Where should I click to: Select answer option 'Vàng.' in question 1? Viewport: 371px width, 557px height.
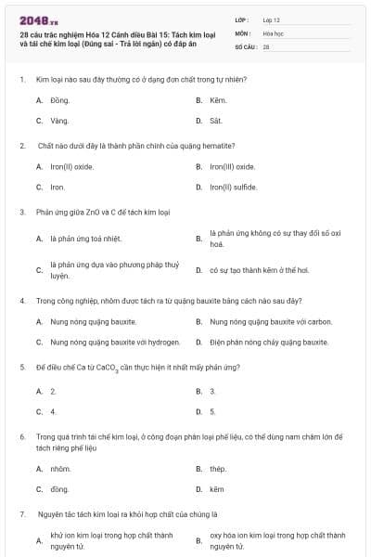[x=59, y=121]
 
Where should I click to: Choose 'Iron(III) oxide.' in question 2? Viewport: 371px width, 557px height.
[x=233, y=166]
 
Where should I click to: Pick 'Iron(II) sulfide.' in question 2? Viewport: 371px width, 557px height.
[x=233, y=188]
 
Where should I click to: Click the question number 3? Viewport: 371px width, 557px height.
[x=21, y=213]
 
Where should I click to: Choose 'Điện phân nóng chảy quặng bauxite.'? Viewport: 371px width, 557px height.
[x=269, y=343]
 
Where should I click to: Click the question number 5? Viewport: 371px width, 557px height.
[x=21, y=368]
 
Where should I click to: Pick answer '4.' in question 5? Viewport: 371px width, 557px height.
[x=54, y=410]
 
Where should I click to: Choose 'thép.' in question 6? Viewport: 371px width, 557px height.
[x=218, y=469]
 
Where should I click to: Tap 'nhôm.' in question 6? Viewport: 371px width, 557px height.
[x=61, y=469]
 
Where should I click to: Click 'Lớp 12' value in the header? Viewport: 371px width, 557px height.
[x=272, y=19]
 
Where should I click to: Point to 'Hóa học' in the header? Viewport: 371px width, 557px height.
[x=274, y=32]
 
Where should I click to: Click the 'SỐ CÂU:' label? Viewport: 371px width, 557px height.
[x=246, y=45]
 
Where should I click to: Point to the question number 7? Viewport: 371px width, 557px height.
[x=21, y=513]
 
